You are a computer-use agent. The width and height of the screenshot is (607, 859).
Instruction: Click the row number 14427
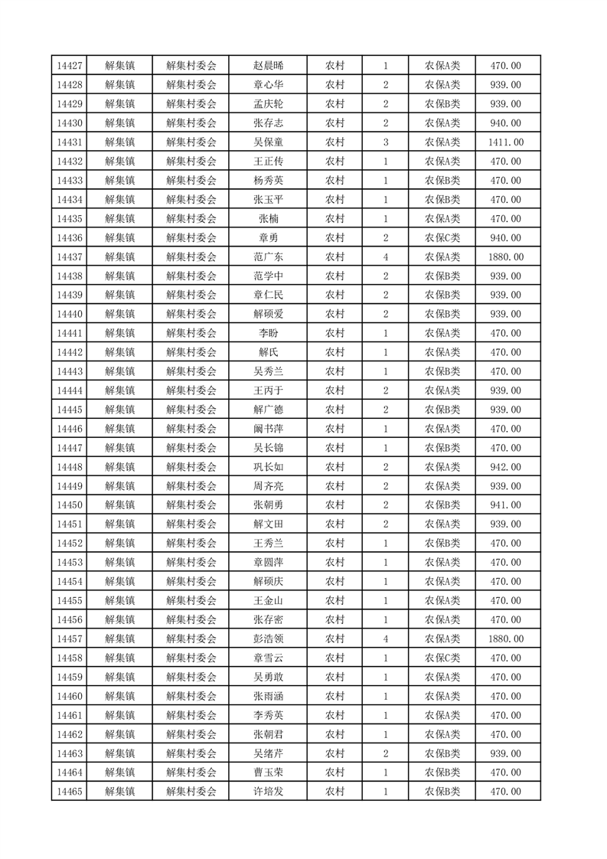[x=69, y=66]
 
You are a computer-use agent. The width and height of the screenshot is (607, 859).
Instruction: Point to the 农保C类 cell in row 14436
[x=442, y=238]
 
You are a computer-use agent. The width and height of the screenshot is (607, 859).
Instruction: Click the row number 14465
[x=69, y=792]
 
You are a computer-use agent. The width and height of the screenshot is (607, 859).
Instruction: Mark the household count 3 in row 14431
[x=385, y=142]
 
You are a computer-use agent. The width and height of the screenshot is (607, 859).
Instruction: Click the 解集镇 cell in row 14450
[x=120, y=505]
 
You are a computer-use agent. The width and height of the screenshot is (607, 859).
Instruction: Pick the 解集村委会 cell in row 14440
[x=191, y=314]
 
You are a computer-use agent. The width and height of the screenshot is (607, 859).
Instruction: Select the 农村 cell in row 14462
[x=335, y=734]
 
